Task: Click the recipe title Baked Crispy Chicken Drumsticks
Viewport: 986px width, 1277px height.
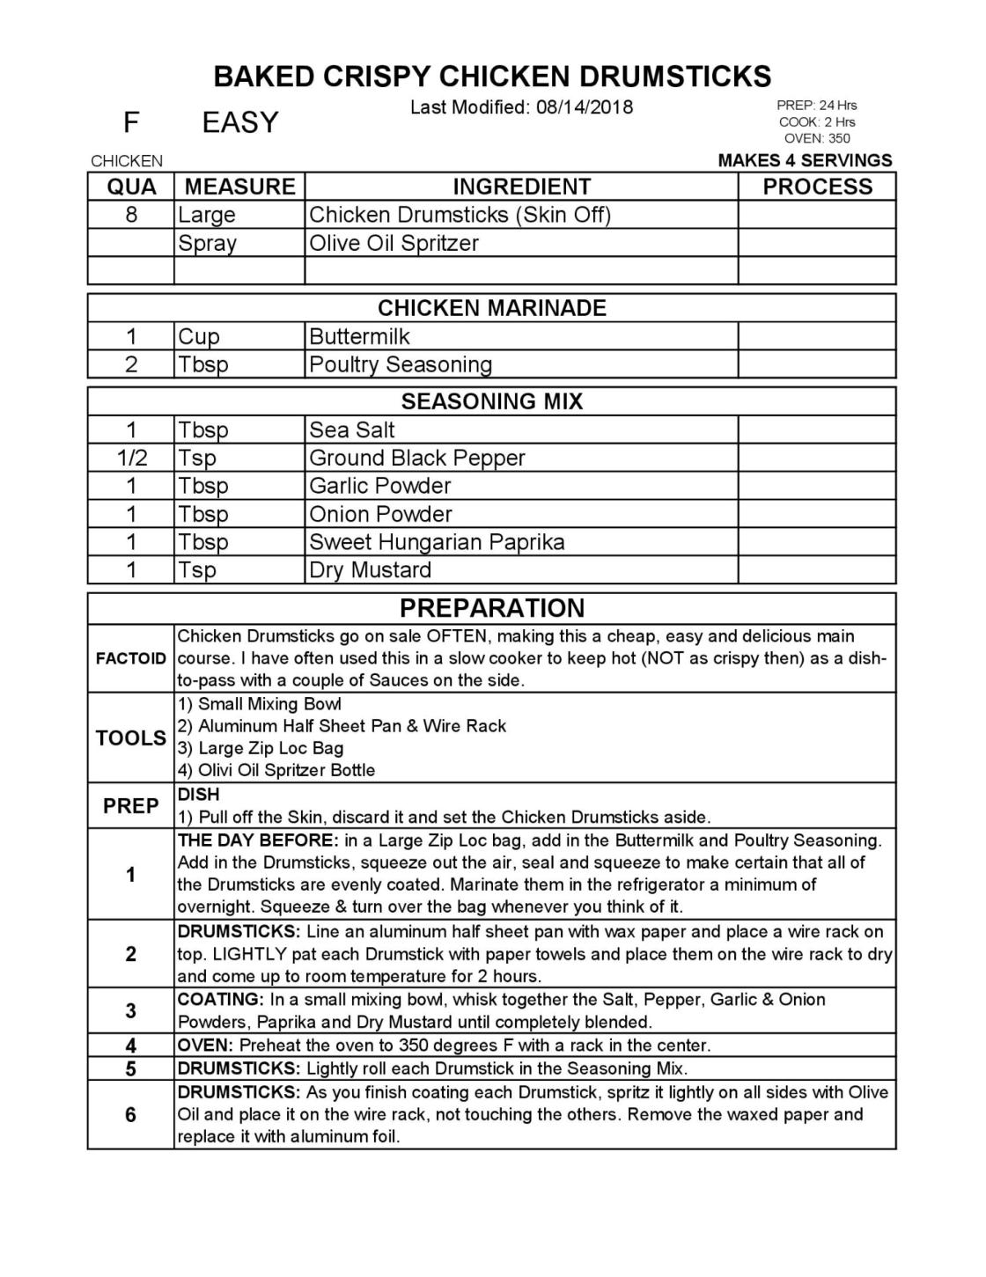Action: [x=492, y=77]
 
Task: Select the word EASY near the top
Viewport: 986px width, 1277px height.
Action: [x=239, y=122]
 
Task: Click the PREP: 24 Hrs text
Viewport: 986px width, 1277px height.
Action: [x=816, y=106]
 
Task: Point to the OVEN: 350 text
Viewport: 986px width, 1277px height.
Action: [x=817, y=138]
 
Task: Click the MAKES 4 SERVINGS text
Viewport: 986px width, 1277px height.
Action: [x=805, y=160]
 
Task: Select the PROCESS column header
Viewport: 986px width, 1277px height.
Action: [x=817, y=187]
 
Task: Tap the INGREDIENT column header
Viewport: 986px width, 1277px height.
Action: [x=521, y=187]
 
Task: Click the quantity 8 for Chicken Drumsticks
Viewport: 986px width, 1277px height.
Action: [x=131, y=215]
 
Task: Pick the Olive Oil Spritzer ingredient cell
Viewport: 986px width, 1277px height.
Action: [x=394, y=243]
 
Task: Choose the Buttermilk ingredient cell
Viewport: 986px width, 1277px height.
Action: [x=359, y=336]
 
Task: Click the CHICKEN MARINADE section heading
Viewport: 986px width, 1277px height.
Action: [x=491, y=308]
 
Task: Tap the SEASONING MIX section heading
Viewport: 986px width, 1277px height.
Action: [x=491, y=401]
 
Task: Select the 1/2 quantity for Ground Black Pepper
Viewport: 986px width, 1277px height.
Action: [x=131, y=458]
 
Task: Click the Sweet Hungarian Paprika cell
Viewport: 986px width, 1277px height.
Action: [x=437, y=542]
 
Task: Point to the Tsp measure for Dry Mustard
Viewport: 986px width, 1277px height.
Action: [x=197, y=570]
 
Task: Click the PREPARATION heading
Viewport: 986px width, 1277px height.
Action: [x=491, y=608]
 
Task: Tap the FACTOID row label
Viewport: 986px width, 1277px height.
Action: [x=131, y=658]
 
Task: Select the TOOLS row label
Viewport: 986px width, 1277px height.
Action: [x=131, y=738]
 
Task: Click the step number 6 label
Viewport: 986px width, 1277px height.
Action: [x=131, y=1115]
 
